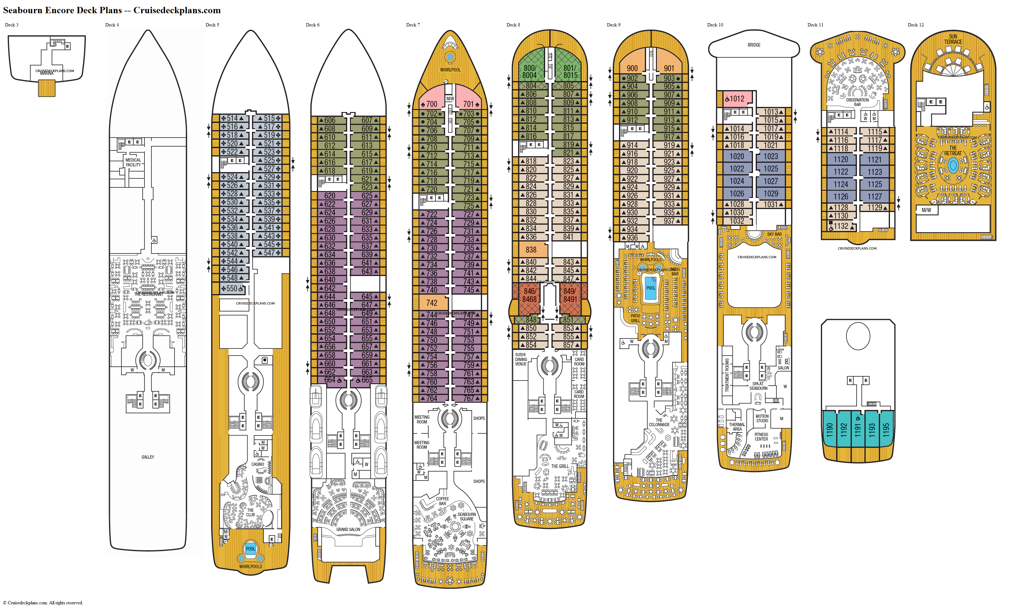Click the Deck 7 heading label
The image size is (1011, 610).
[413, 25]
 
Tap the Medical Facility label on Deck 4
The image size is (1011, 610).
[133, 162]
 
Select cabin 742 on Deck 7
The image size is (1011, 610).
[432, 303]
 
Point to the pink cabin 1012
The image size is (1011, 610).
[734, 99]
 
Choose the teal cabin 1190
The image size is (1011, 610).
[829, 430]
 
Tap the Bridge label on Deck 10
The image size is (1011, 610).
[754, 45]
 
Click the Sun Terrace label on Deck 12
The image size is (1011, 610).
[953, 39]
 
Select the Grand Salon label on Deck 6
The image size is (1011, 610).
[348, 529]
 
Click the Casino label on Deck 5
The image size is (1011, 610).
[258, 464]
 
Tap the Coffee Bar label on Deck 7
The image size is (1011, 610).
[442, 501]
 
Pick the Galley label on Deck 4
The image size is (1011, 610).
[148, 457]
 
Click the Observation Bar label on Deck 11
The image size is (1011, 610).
[857, 102]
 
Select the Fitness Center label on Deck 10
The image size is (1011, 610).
[761, 436]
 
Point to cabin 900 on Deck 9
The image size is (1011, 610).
[632, 68]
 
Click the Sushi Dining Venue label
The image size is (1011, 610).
[521, 359]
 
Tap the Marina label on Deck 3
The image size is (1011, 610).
[47, 73]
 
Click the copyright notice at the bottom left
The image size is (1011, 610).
[43, 602]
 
